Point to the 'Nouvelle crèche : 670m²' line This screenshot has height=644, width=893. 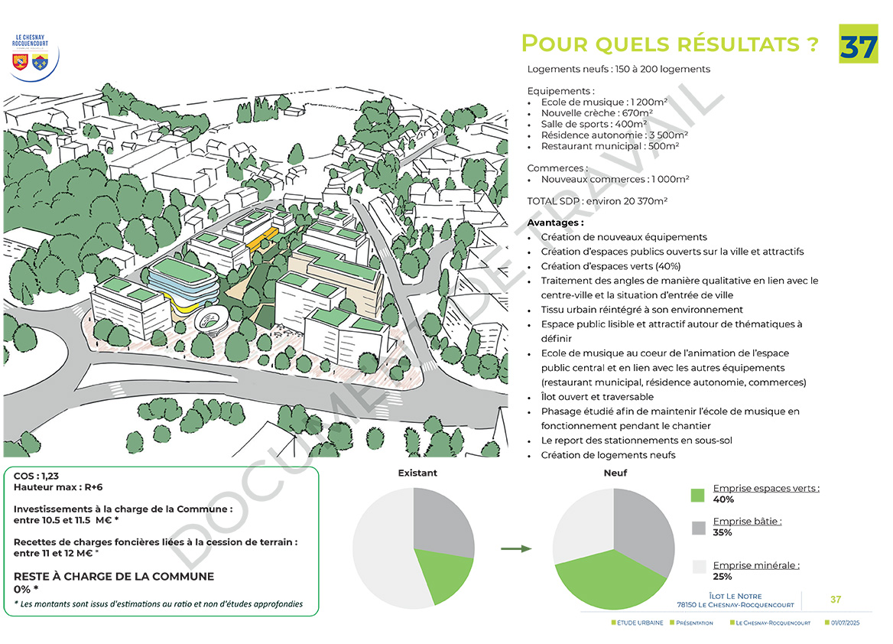tap(596, 113)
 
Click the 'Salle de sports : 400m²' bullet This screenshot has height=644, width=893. tap(593, 124)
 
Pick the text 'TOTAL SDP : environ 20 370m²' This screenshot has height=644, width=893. tap(597, 201)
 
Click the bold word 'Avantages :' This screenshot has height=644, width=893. tap(555, 223)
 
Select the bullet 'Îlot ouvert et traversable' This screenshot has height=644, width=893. tap(597, 397)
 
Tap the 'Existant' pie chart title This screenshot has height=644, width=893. tap(417, 473)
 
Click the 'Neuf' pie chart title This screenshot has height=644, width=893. tap(615, 473)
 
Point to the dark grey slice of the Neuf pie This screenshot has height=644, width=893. tap(645, 528)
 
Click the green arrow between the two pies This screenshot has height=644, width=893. tap(516, 548)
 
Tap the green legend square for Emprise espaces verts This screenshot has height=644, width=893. tap(697, 495)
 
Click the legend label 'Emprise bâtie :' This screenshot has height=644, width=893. tap(747, 522)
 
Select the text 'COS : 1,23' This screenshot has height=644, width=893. tap(36, 476)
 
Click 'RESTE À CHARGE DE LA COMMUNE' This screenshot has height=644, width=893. tap(114, 577)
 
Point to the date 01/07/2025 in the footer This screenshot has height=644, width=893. tap(846, 623)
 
